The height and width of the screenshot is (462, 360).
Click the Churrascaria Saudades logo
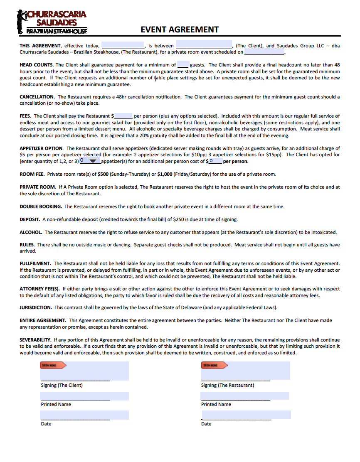click(x=52, y=22)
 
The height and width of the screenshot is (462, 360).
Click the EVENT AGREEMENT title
click(x=180, y=29)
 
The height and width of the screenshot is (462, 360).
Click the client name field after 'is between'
click(x=204, y=44)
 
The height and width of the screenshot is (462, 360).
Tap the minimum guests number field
click(x=183, y=64)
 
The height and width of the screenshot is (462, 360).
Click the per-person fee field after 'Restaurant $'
click(x=123, y=116)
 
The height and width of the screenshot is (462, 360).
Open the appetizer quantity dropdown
click(x=93, y=160)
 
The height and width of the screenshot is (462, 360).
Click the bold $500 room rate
click(x=103, y=174)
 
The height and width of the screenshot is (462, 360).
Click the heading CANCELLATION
click(x=37, y=97)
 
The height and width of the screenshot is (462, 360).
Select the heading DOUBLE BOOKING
click(x=41, y=206)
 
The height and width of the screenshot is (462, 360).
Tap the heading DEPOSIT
click(x=30, y=219)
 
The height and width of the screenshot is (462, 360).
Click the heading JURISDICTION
click(x=36, y=307)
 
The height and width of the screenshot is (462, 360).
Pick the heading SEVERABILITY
click(x=36, y=339)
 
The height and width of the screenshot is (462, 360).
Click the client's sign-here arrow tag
click(x=53, y=365)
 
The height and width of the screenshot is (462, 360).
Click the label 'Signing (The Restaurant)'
click(x=227, y=385)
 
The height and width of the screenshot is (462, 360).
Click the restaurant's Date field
click(x=246, y=414)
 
